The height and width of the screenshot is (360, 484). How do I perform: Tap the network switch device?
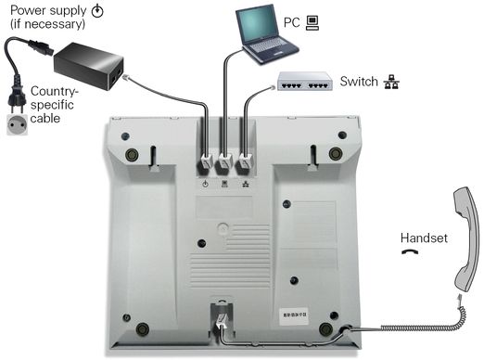tap(305, 81)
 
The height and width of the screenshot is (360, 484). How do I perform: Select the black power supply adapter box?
tap(89, 66)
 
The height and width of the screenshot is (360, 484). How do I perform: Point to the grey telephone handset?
tap(466, 238)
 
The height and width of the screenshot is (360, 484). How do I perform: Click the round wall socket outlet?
tap(18, 124)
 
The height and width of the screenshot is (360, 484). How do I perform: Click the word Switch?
tap(359, 82)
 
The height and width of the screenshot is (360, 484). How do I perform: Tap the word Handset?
tap(424, 238)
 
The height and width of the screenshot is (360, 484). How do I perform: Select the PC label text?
tap(292, 22)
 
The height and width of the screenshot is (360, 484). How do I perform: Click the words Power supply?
tap(48, 10)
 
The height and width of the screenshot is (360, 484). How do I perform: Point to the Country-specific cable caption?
tap(53, 105)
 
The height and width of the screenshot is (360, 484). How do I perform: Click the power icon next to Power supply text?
tap(97, 11)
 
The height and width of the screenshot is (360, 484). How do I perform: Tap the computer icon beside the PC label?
tap(312, 23)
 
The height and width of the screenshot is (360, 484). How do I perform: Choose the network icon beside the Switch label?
tap(391, 82)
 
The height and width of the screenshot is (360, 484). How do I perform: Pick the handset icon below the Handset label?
tap(410, 251)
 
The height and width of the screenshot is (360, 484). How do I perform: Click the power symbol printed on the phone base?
tap(205, 185)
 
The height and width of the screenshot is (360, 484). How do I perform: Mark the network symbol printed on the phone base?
tap(246, 185)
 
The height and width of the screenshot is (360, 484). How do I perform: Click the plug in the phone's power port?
tap(206, 161)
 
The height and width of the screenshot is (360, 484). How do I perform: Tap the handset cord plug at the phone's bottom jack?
tap(221, 320)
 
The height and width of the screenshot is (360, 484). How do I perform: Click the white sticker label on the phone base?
tap(295, 315)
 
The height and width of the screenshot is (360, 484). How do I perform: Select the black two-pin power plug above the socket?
tap(17, 98)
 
